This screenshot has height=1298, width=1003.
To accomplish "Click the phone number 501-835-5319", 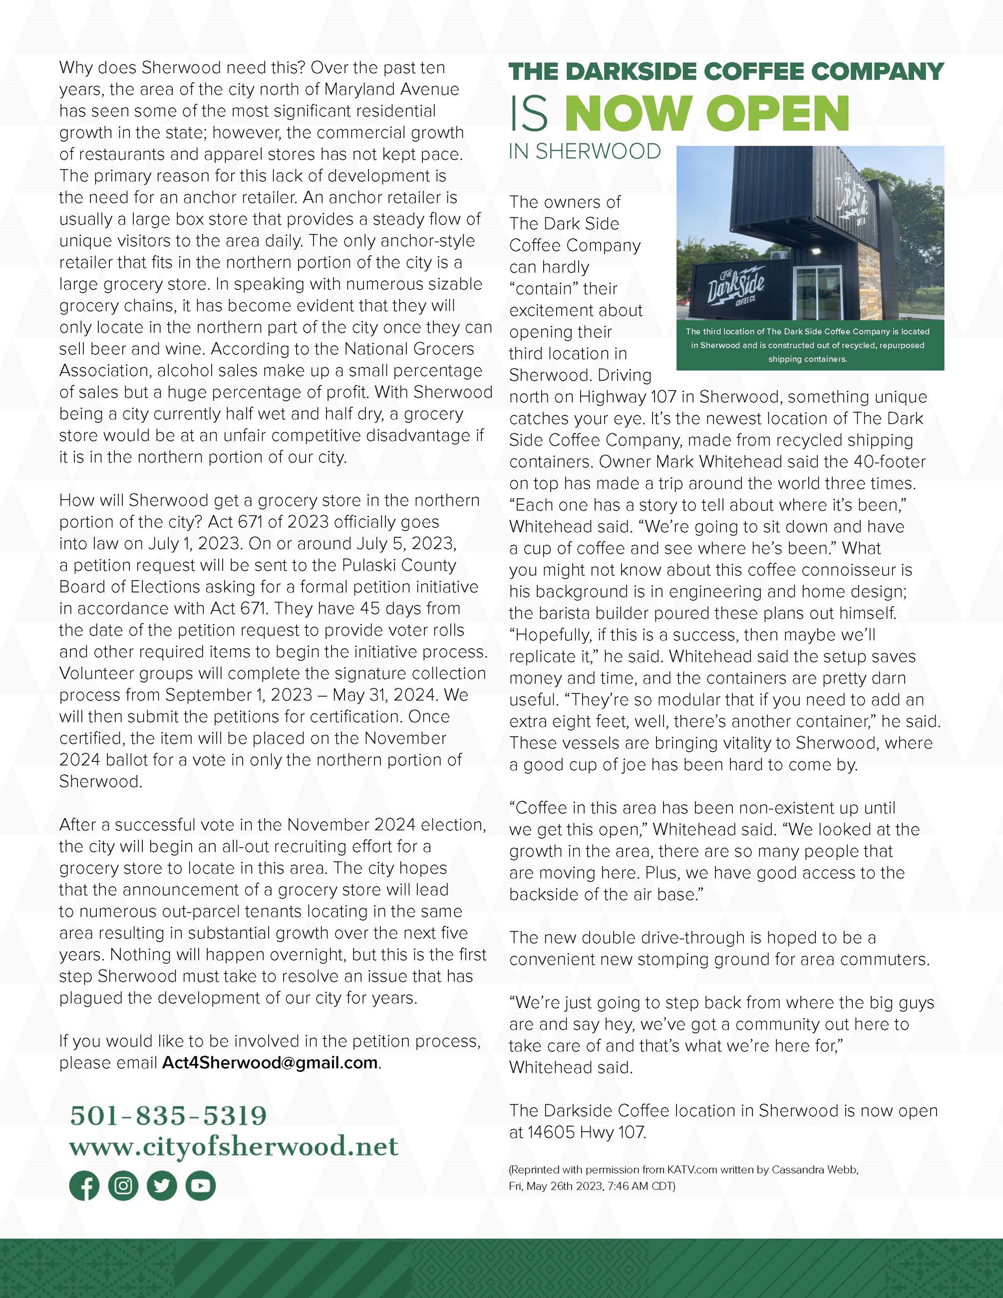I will tap(168, 1116).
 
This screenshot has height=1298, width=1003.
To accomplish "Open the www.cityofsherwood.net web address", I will tap(234, 1146).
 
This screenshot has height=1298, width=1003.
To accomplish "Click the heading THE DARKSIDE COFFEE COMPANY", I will tap(725, 72).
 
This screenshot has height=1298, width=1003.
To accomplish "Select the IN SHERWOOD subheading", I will tap(585, 152).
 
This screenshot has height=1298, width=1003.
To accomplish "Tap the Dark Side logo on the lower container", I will tap(735, 287).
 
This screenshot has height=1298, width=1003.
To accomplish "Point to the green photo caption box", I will tap(810, 345).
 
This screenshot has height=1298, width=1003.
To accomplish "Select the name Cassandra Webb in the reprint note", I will tap(815, 1170).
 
